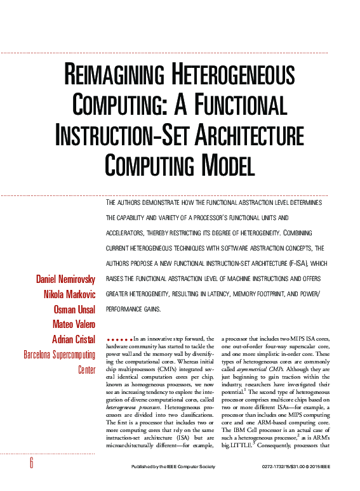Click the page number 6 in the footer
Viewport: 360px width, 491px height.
pyautogui.click(x=30, y=464)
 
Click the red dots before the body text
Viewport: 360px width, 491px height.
pyautogui.click(x=119, y=340)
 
